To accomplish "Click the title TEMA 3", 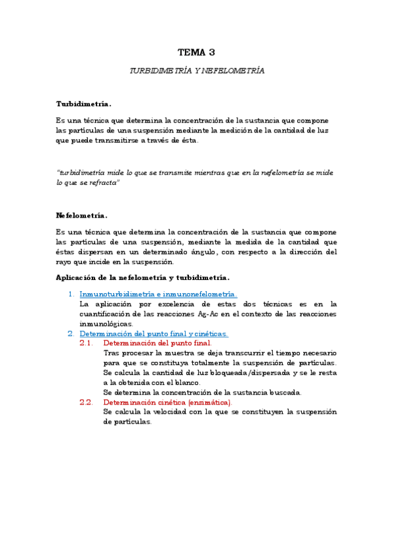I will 196,52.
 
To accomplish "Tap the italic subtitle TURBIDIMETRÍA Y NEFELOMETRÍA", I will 196,71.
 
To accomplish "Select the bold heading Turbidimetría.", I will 83,104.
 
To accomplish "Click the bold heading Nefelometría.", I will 82,215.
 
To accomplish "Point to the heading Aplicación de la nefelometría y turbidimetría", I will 143,277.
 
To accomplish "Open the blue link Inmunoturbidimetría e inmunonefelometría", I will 157,294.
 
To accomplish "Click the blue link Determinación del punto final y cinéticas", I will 154,333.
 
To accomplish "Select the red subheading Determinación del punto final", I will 157,343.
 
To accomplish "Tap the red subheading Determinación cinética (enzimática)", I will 167,402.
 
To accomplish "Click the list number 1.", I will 71,294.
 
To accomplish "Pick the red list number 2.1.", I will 87,343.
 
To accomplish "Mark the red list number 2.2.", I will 87,402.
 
